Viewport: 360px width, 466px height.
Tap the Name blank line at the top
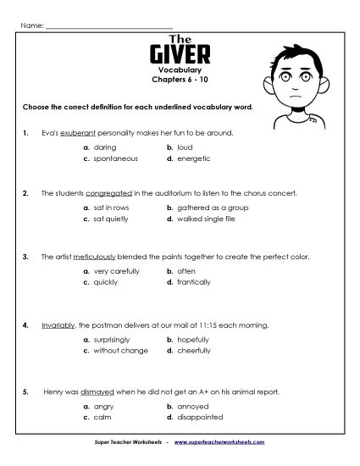[x=108, y=26]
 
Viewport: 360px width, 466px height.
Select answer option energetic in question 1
[x=193, y=158]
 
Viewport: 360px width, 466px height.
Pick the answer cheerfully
[x=194, y=350]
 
